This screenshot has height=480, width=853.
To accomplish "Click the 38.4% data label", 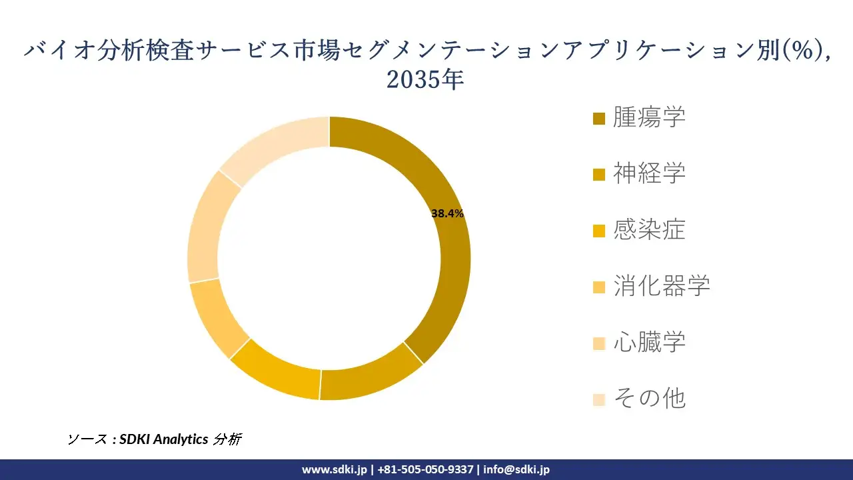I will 447,213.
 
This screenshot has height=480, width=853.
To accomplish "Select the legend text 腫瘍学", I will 649,117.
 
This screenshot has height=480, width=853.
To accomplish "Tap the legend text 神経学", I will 649,173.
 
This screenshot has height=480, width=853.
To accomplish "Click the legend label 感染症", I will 649,230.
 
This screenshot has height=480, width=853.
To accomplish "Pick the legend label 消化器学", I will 661,286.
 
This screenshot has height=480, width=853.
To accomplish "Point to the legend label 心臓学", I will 649,343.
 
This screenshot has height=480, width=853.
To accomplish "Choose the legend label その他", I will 649,399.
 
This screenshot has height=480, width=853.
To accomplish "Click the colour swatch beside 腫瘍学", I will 599,119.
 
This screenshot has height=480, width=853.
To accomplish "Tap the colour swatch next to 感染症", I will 599,231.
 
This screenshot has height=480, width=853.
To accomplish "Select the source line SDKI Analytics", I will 164,439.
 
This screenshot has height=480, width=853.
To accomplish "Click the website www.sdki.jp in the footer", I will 334,469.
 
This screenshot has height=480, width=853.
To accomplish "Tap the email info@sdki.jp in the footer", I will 516,469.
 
